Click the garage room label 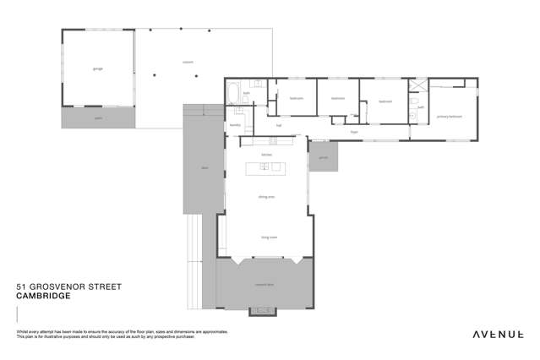[98, 68]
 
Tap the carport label [188, 62]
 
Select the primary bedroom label [449, 116]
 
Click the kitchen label [266, 155]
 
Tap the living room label [269, 237]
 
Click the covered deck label [264, 286]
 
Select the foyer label [355, 132]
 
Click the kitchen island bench [265, 167]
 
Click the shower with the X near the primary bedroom [417, 87]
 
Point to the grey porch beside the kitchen [323, 156]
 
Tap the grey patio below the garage [98, 118]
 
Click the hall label [278, 125]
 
